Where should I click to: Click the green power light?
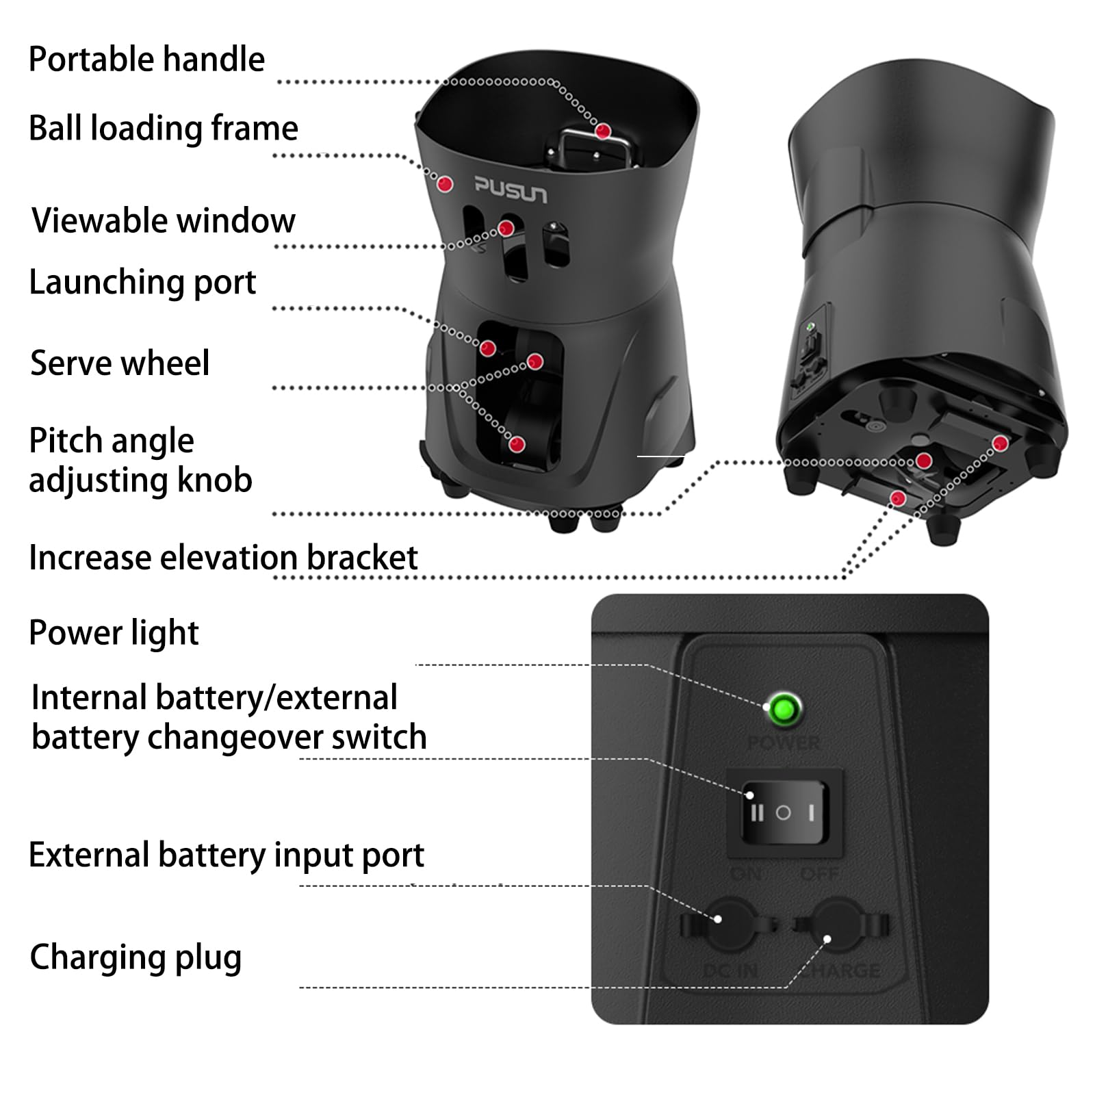(784, 710)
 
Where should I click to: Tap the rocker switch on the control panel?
(784, 812)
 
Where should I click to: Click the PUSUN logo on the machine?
(511, 190)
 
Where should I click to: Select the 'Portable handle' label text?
(146, 60)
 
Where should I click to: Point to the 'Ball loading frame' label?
(164, 128)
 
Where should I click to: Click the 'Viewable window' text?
(164, 221)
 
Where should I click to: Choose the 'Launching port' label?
(142, 282)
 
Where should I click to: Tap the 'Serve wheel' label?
(120, 363)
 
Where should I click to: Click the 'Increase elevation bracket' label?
(223, 557)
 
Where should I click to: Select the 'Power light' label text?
(114, 632)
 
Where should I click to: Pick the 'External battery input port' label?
(227, 855)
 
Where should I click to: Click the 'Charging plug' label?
(136, 957)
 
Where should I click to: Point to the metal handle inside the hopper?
(593, 149)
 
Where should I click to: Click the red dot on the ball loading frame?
(445, 183)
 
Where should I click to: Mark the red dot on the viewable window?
(506, 228)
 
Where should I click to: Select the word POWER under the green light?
(784, 743)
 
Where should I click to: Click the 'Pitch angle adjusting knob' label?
(140, 460)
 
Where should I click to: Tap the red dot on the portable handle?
(603, 130)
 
